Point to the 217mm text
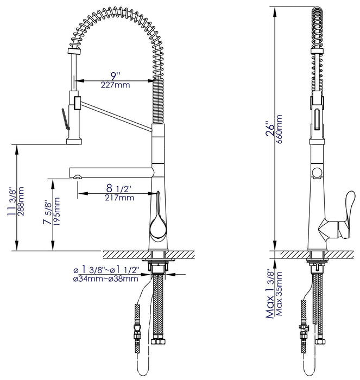pos(119,198)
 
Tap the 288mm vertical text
pos(21,201)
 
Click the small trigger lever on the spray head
pos(65,118)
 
